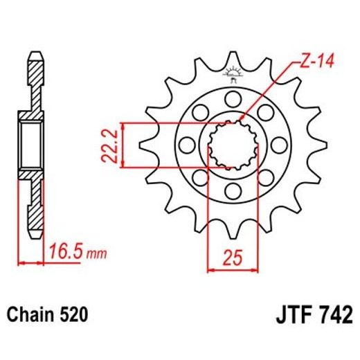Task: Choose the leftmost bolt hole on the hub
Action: pos(186,144)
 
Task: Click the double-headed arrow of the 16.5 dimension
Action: pos(31,263)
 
